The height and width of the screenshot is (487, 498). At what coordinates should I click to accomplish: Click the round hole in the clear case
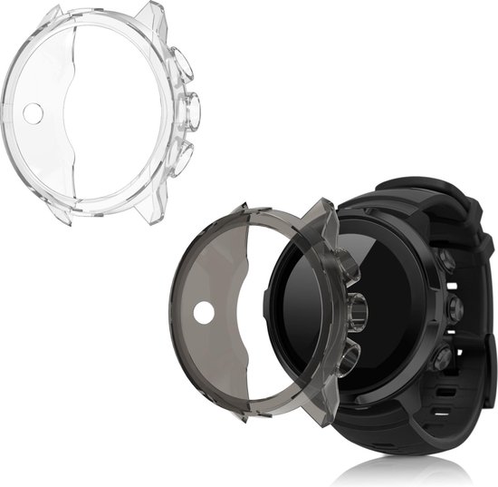tap(33, 113)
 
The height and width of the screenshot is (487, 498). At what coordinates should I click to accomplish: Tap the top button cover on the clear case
tap(180, 65)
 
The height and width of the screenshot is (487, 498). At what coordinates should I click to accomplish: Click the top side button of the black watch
tap(445, 260)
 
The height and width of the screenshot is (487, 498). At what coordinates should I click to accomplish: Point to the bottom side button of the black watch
tap(444, 358)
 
